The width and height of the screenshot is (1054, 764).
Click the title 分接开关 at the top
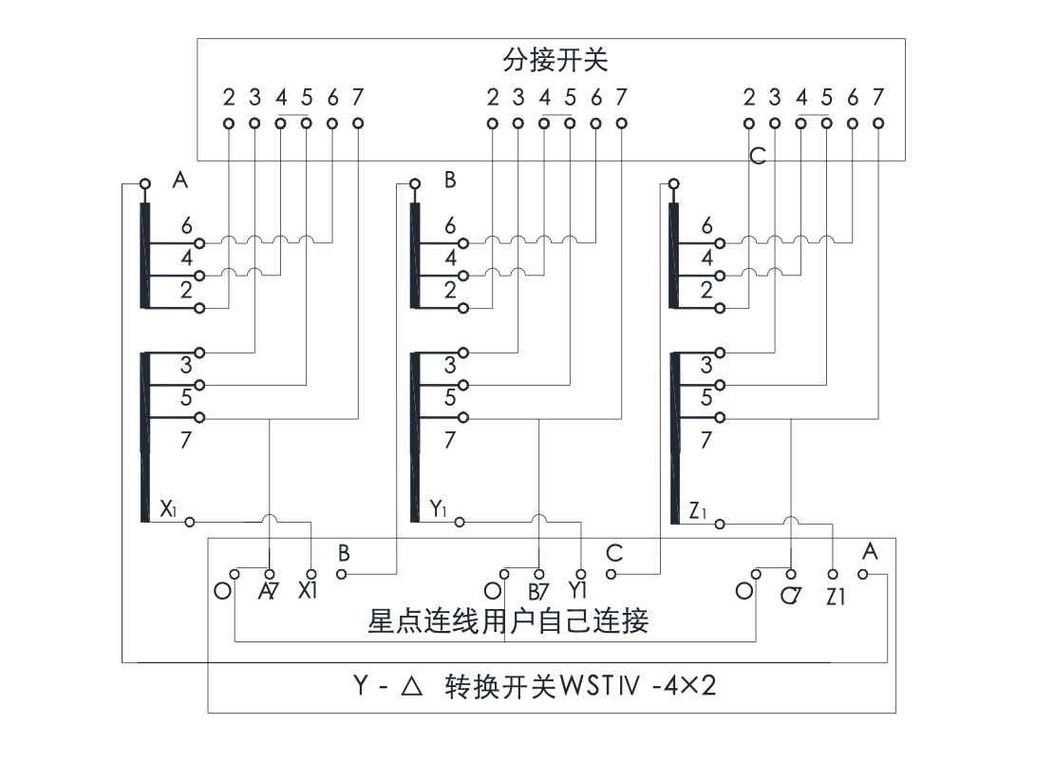pos(555,61)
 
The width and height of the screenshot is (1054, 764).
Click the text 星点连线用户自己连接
pos(508,622)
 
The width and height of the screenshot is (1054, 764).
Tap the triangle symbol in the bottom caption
pos(410,686)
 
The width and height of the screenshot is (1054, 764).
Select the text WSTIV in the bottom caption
pos(600,686)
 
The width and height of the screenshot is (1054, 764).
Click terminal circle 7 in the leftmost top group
pos(358,123)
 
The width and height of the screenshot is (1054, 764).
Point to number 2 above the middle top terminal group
pos(492,97)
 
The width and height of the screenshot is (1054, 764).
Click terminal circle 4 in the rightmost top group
pos(801,123)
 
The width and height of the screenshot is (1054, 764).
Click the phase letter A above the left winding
pos(179,181)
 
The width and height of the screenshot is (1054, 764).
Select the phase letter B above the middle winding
pos(450,181)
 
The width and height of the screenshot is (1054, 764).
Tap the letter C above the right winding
pos(757,157)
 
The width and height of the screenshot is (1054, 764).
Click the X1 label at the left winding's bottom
pos(168,508)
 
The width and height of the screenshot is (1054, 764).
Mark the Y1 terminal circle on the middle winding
pos(461,522)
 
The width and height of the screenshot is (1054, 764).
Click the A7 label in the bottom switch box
pos(269,592)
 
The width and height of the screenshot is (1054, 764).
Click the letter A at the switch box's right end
pos(870,550)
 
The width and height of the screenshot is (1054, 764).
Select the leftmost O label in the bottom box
pos(221,590)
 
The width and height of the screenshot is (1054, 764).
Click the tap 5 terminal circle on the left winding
pos(199,385)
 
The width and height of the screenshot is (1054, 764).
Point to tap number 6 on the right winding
pos(706,225)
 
